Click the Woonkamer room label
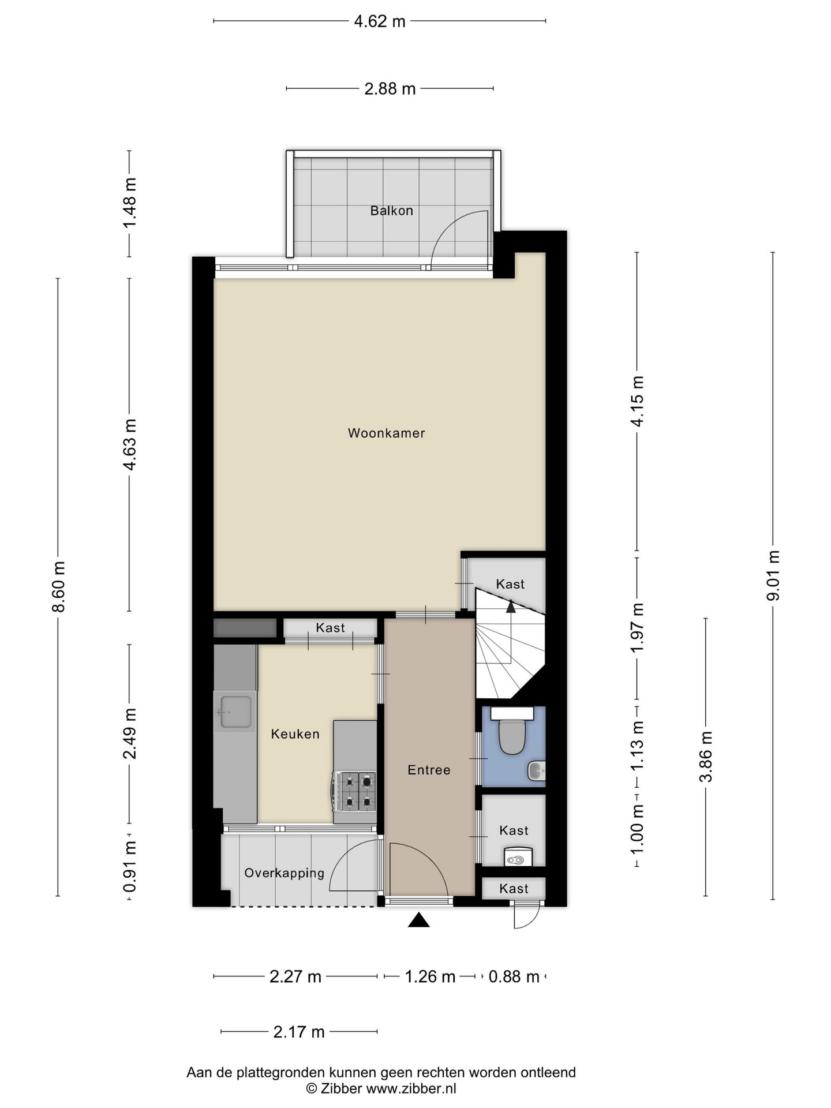click(x=386, y=433)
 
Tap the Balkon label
click(x=392, y=211)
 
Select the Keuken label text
click(x=295, y=734)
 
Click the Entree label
click(x=429, y=770)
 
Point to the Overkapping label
click(x=285, y=873)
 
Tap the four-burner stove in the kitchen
click(x=354, y=790)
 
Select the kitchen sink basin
click(x=234, y=712)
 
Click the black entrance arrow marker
click(x=419, y=920)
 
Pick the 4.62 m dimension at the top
click(x=380, y=21)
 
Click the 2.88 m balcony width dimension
click(x=390, y=89)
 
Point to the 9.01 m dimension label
click(x=773, y=575)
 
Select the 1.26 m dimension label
click(x=430, y=976)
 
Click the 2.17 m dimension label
click(x=299, y=1032)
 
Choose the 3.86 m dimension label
click(x=706, y=757)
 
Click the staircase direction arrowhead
click(x=511, y=605)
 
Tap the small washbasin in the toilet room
click(x=537, y=770)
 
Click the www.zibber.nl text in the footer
click(x=411, y=1089)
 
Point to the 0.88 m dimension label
click(x=514, y=976)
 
